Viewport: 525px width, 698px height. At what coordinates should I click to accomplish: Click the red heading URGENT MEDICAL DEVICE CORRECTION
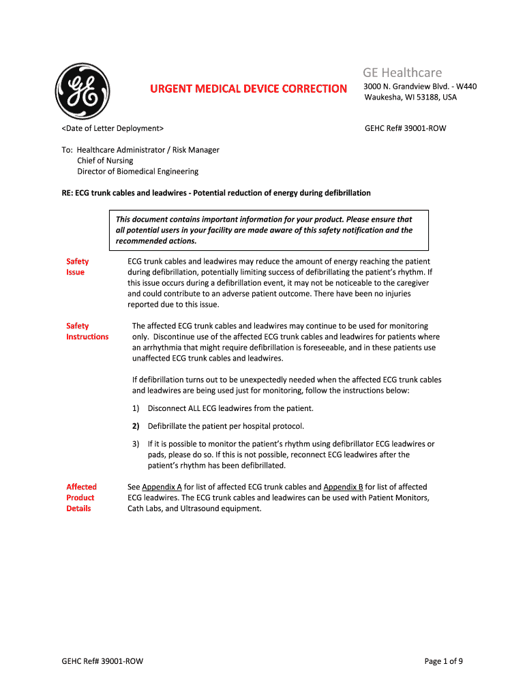[248, 89]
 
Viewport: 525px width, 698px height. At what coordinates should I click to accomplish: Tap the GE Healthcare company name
[402, 72]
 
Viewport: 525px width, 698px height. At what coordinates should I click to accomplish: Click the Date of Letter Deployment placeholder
[112, 128]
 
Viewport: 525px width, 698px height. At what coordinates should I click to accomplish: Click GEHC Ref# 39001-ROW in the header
[406, 128]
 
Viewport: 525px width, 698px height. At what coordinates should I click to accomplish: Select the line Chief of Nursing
[105, 161]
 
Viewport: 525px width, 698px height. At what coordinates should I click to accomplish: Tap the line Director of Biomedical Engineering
[138, 172]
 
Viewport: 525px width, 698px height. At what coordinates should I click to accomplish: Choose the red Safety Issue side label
[76, 267]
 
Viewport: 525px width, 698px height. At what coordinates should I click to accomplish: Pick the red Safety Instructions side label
[87, 331]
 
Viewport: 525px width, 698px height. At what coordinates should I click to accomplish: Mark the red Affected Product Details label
[81, 498]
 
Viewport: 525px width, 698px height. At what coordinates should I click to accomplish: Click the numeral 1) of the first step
[136, 408]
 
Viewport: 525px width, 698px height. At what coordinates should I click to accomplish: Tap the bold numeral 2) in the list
[136, 426]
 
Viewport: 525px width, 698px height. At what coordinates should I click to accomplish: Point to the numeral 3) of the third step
[136, 444]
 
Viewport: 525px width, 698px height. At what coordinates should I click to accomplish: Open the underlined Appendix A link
[162, 487]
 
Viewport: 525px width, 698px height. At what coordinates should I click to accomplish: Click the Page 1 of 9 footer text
[444, 661]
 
